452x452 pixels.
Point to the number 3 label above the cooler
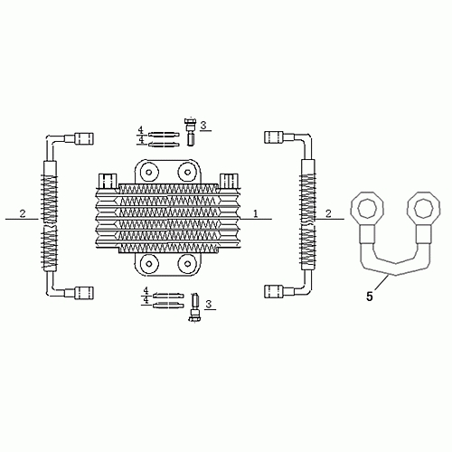204,126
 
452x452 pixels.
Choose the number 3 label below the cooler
209,304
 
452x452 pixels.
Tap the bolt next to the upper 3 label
191,131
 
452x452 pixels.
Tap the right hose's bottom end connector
274,291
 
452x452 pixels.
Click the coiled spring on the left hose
49,215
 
